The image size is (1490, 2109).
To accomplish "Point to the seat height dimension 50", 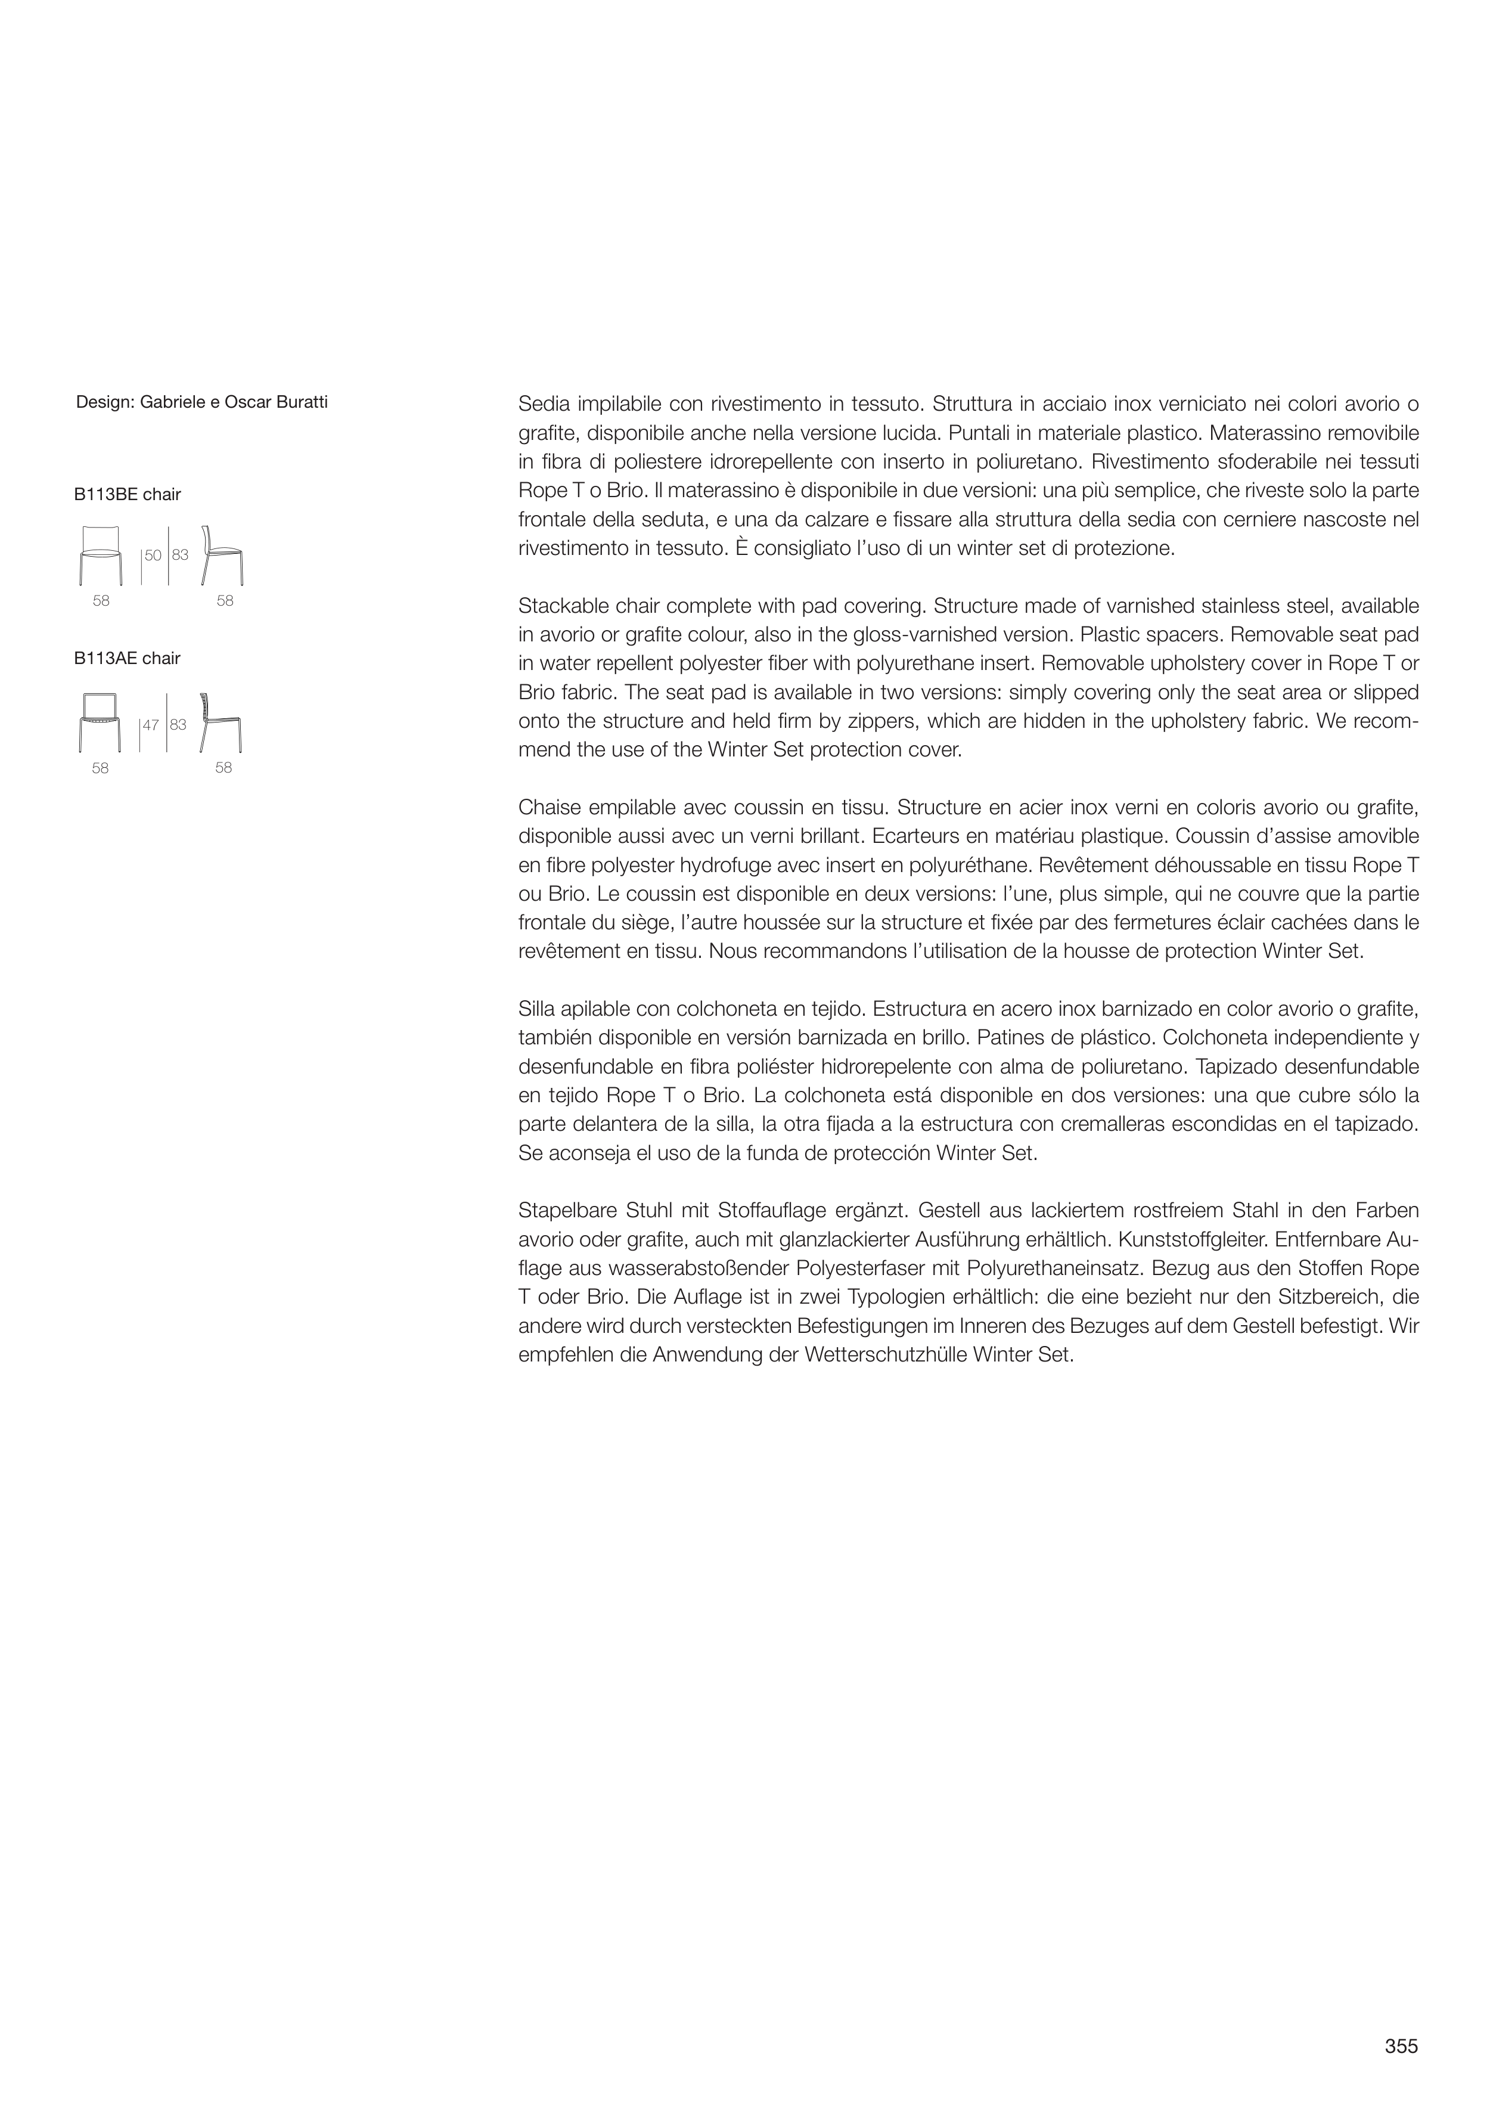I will [x=153, y=556].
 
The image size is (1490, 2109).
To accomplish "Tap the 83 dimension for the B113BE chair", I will [x=180, y=556].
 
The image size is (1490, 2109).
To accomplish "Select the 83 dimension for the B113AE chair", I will [x=178, y=725].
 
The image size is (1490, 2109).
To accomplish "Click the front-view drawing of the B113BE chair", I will [x=101, y=555].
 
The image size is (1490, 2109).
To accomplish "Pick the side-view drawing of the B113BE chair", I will [x=221, y=555].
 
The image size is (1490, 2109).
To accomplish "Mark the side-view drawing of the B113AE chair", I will [x=221, y=722].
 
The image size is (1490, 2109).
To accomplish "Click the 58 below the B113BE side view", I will [x=225, y=601].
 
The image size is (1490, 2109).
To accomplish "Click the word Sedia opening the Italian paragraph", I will [x=544, y=403].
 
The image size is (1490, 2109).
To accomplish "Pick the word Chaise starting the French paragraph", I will [x=548, y=808].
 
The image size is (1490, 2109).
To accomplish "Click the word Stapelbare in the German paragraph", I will [x=567, y=1211].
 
